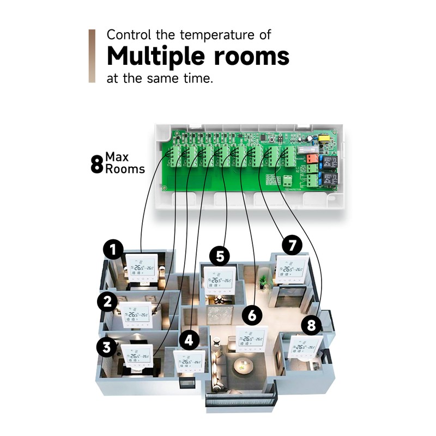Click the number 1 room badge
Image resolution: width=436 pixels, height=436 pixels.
[x=113, y=251]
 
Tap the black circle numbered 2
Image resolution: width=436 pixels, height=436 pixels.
[x=108, y=301]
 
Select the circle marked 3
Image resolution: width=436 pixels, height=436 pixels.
[x=107, y=347]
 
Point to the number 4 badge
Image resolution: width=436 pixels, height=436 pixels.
[x=189, y=341]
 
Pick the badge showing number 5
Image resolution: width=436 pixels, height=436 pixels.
[x=220, y=255]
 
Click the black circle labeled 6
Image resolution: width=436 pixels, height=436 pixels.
[x=251, y=316]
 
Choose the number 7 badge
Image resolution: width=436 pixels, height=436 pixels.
[x=292, y=246]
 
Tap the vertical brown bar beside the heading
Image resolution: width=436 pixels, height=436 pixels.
[x=92, y=56]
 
